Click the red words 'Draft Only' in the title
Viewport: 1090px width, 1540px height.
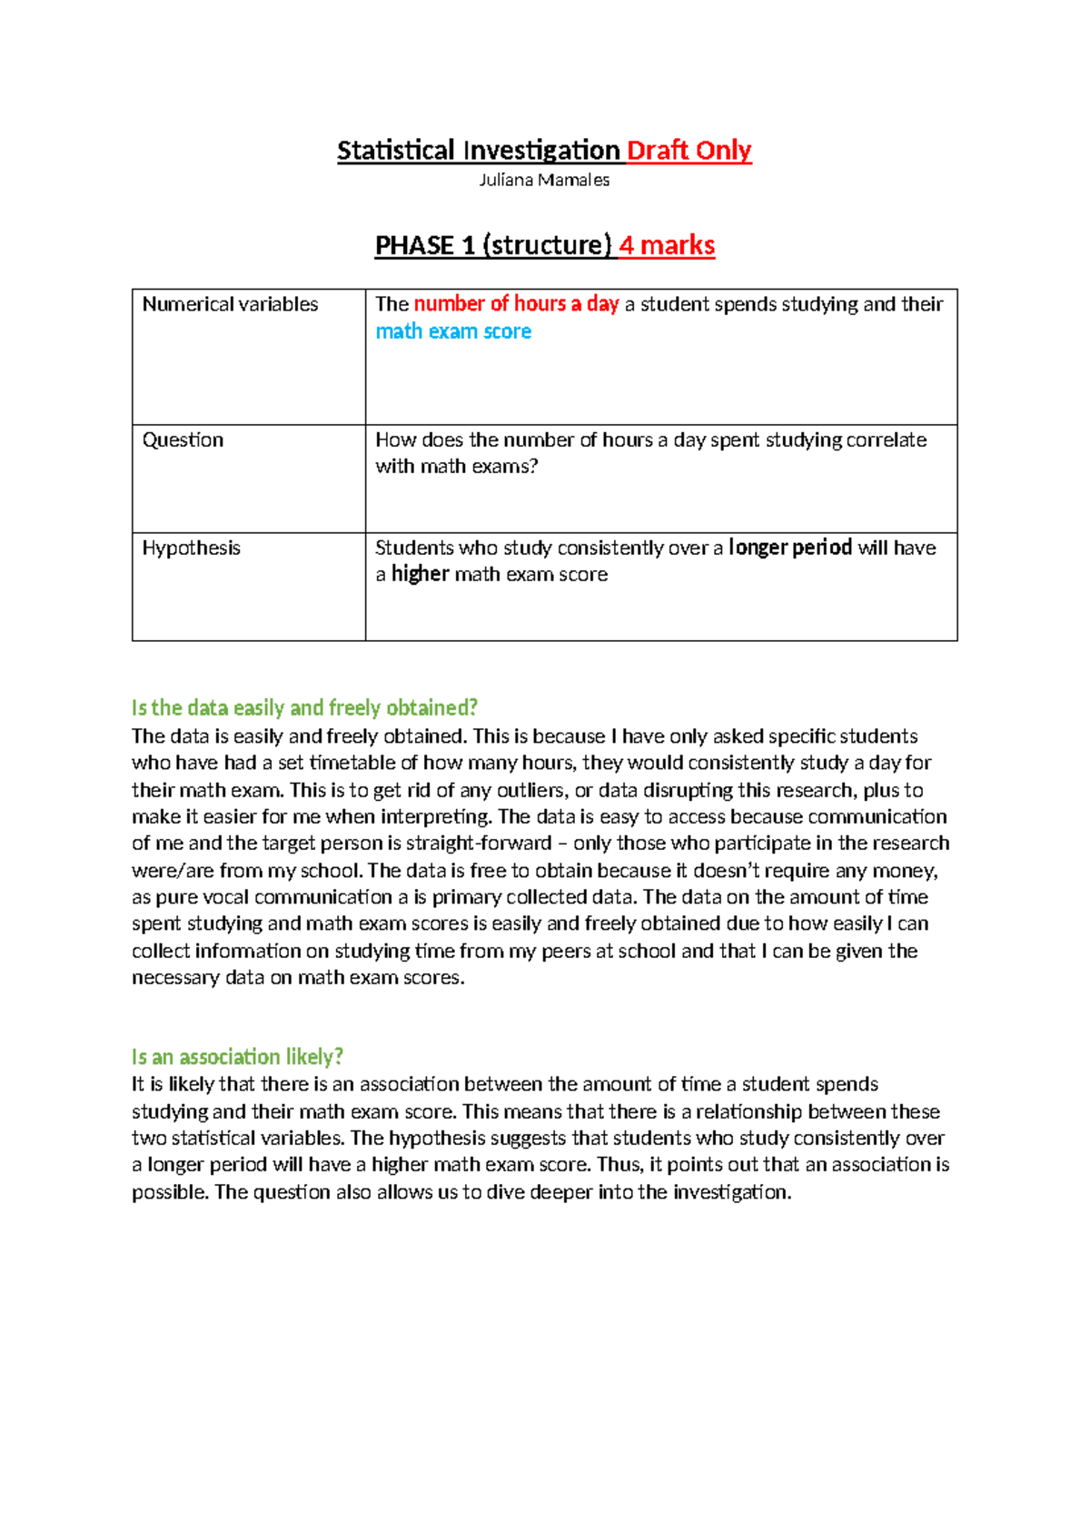pyautogui.click(x=689, y=150)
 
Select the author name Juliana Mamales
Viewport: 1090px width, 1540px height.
pyautogui.click(x=544, y=180)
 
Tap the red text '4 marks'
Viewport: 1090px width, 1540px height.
pyautogui.click(x=667, y=245)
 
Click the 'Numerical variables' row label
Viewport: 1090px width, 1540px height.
pyautogui.click(x=230, y=304)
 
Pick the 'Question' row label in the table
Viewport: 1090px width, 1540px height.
pyautogui.click(x=183, y=439)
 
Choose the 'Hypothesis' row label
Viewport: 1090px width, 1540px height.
pyautogui.click(x=191, y=548)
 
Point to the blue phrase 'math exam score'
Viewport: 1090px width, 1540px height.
pyautogui.click(x=453, y=331)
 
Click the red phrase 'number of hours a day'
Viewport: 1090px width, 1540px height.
pyautogui.click(x=516, y=304)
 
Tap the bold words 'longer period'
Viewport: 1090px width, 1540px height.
pyautogui.click(x=790, y=548)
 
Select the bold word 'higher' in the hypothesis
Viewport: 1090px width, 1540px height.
pyautogui.click(x=420, y=574)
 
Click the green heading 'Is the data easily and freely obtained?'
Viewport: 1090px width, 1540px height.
pyautogui.click(x=304, y=707)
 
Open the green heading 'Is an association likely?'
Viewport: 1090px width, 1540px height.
pyautogui.click(x=237, y=1057)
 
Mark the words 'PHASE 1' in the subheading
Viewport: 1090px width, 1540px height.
pyautogui.click(x=425, y=245)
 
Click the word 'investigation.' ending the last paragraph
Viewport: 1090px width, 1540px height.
pyautogui.click(x=732, y=1191)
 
